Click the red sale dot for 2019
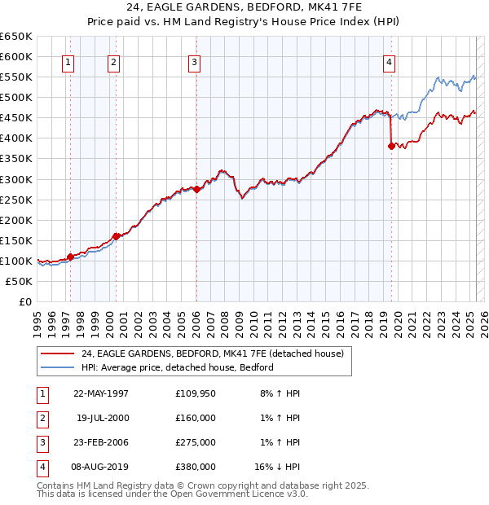[391, 146]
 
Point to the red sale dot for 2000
[117, 236]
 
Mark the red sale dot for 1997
[70, 257]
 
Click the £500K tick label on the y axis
[15, 97]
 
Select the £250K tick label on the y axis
[15, 200]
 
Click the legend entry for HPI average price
[177, 367]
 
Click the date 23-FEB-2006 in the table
[101, 443]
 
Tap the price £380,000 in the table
[196, 468]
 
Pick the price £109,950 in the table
[196, 393]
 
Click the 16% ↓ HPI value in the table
[277, 468]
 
